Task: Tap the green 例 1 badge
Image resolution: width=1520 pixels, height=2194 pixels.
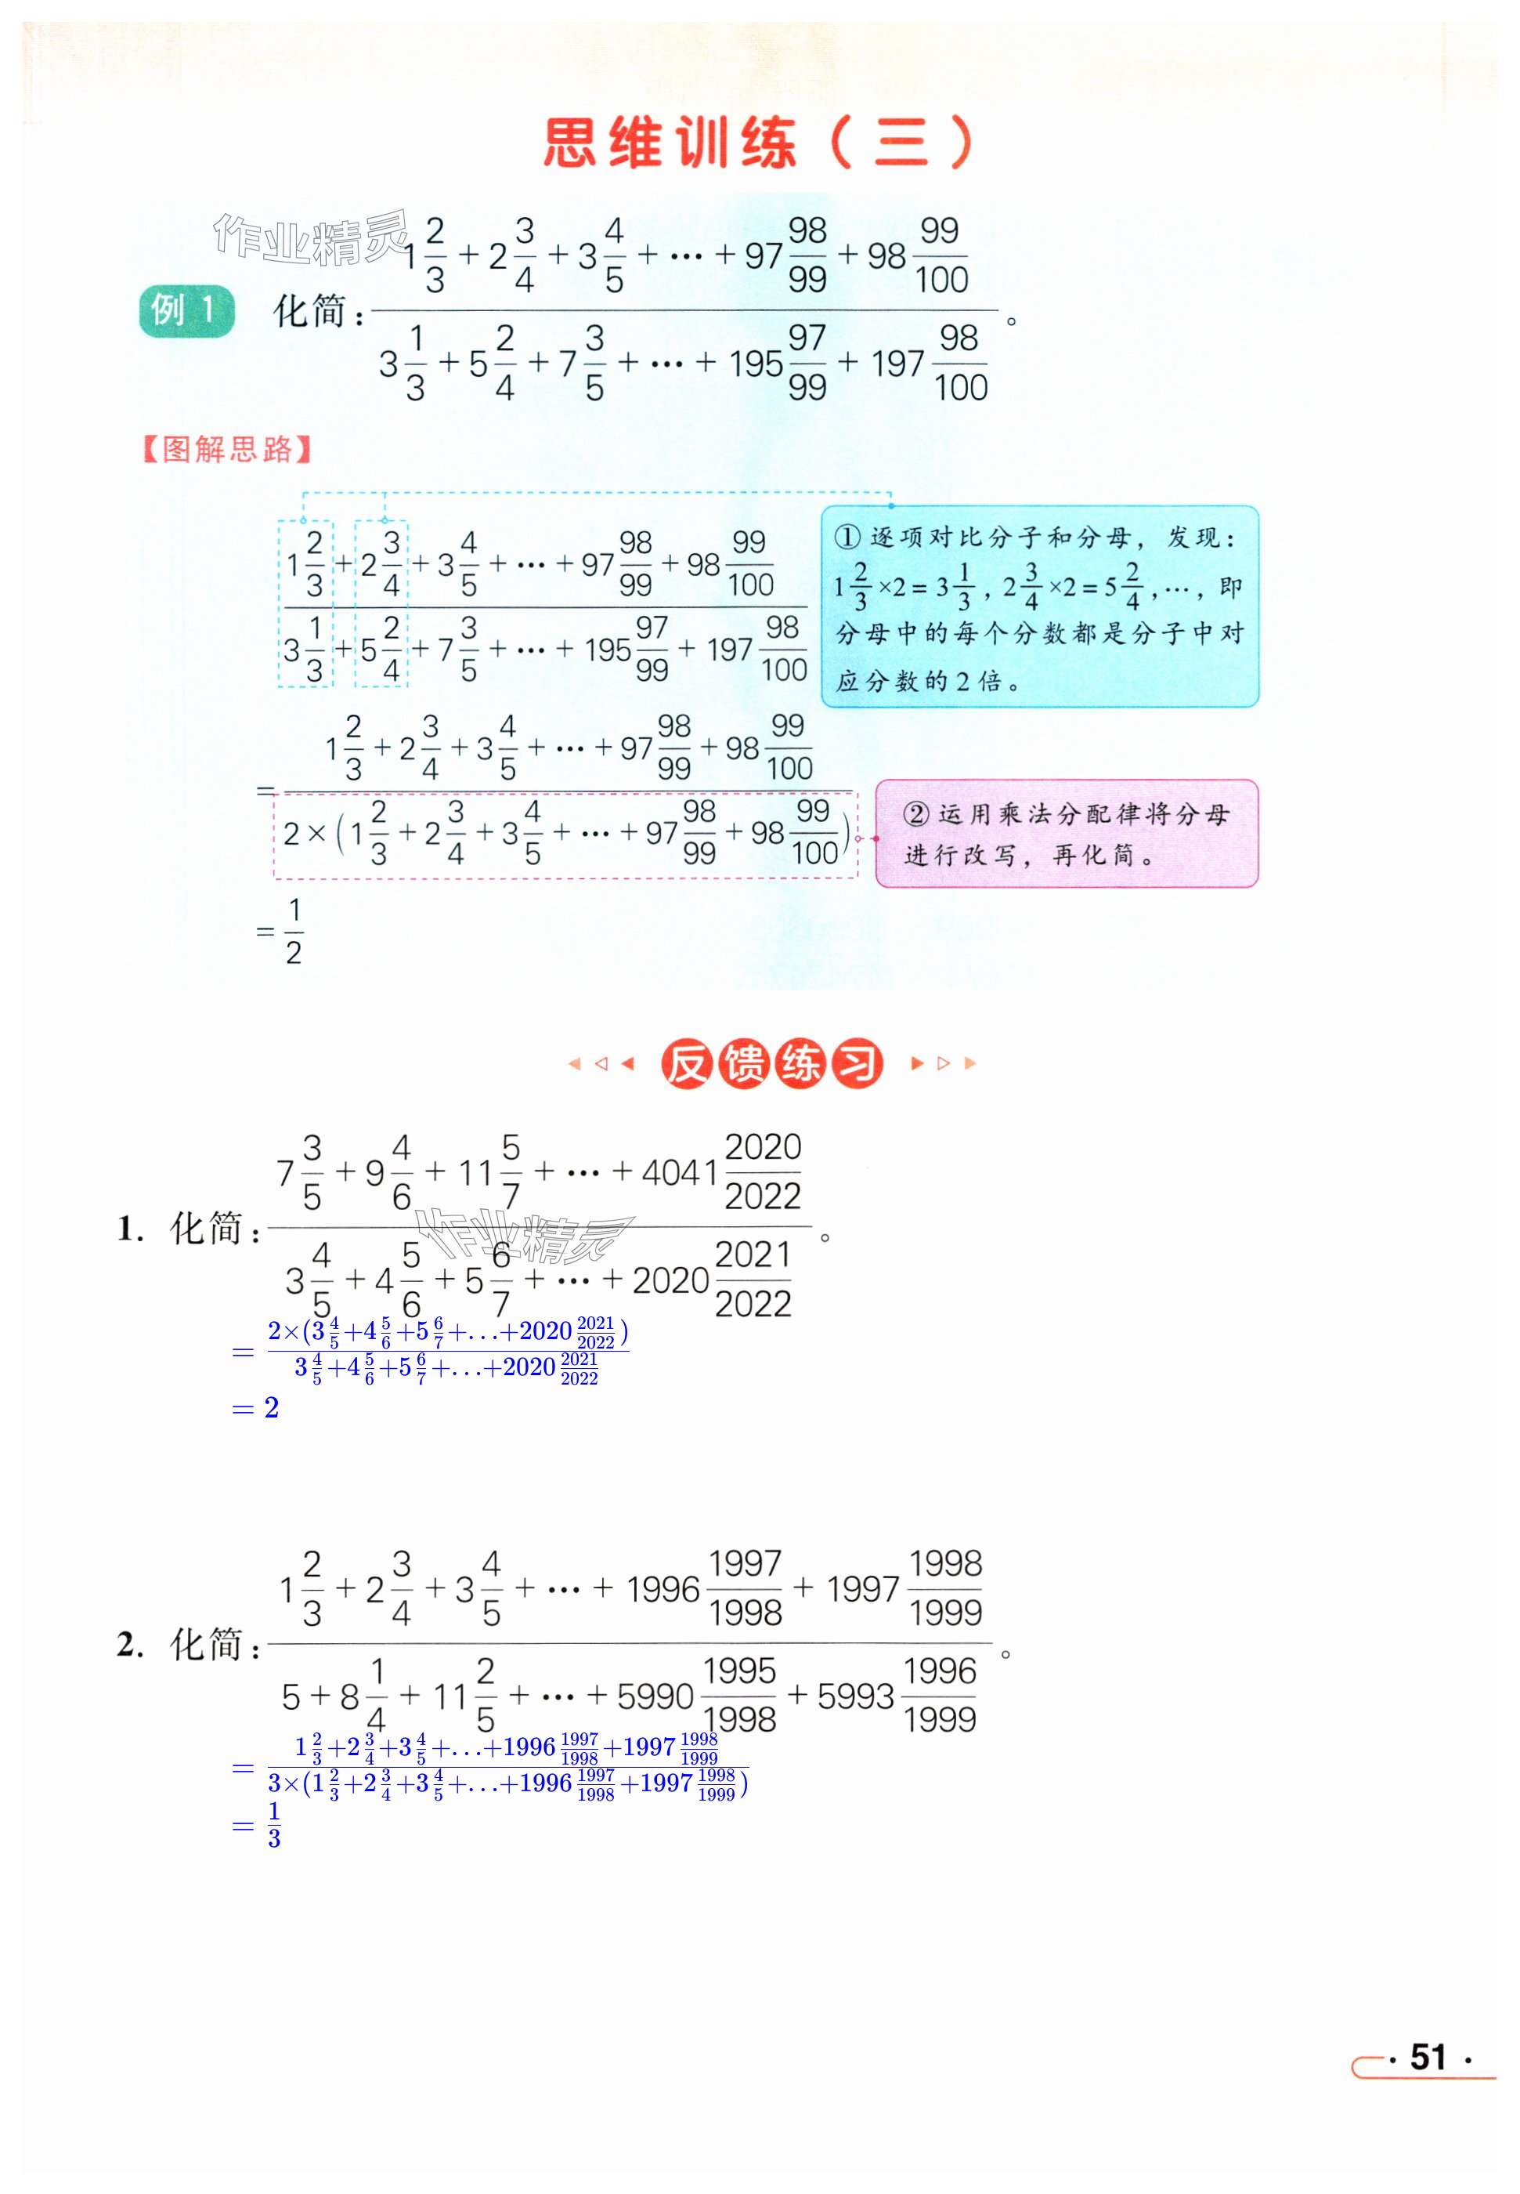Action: pos(186,310)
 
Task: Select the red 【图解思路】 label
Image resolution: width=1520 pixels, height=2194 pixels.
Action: pos(226,450)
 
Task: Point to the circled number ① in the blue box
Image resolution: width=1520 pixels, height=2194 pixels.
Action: pos(847,538)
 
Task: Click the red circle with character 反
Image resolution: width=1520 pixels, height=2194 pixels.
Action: pos(686,1064)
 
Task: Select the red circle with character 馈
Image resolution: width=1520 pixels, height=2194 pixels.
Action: pos(744,1064)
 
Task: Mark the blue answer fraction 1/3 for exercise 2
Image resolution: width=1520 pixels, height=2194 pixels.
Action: pos(274,1825)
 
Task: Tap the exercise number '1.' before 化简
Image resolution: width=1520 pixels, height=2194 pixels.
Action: pos(129,1229)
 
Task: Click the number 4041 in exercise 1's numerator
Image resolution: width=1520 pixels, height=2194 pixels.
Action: pos(679,1173)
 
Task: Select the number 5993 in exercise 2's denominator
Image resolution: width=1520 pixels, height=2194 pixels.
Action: pos(855,1696)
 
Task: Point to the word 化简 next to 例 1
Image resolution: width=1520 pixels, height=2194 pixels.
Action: pos(310,310)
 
